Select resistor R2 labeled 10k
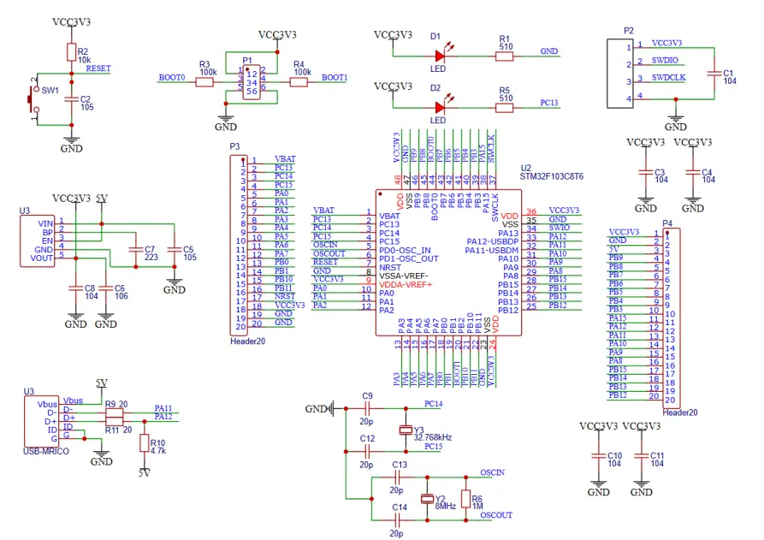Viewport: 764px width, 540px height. coord(71,52)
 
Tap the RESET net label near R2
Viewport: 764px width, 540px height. coord(98,68)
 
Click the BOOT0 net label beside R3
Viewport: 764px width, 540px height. coord(171,78)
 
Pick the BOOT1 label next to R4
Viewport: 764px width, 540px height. coord(335,78)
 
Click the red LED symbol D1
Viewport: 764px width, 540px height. coord(440,56)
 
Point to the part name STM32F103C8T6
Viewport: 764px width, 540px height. coord(552,176)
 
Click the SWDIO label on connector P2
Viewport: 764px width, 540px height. coord(665,62)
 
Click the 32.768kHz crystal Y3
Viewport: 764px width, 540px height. coord(406,430)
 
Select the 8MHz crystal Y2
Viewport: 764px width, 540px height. coord(427,500)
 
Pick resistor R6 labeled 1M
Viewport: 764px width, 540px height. coord(465,498)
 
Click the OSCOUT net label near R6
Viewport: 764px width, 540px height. coord(496,515)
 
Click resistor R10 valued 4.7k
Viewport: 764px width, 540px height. coord(144,444)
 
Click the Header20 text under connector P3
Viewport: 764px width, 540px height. coord(247,341)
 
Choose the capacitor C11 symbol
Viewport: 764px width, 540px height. coord(641,460)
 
